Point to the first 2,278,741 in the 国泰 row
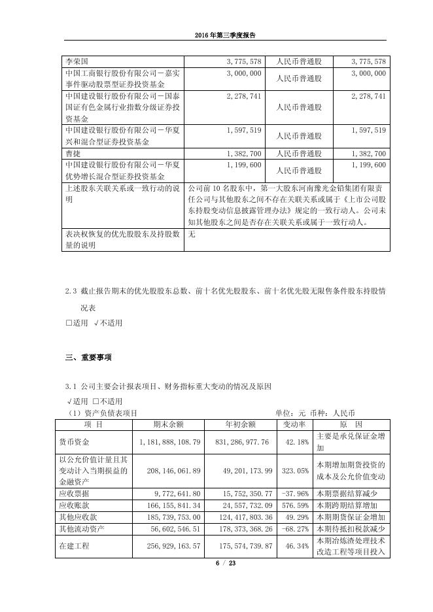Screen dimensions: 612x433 243,96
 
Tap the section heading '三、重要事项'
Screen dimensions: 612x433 88,358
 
